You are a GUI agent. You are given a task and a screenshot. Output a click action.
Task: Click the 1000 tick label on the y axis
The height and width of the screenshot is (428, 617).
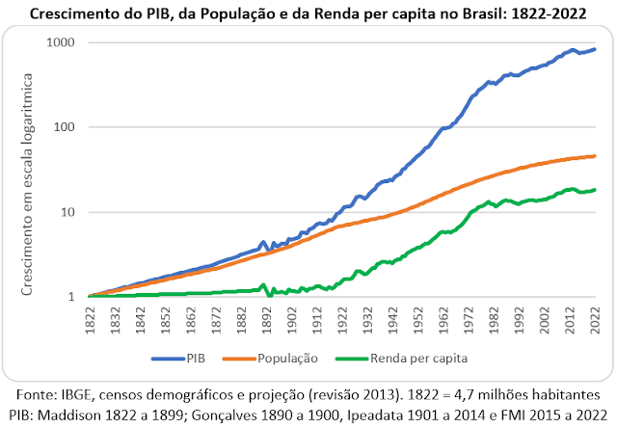[59, 43]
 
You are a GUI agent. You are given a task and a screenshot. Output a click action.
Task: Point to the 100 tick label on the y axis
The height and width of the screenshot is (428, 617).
[63, 127]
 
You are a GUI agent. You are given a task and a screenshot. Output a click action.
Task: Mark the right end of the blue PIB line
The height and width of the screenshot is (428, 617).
[596, 49]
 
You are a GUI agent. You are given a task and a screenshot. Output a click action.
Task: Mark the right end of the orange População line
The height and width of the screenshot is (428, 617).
[596, 155]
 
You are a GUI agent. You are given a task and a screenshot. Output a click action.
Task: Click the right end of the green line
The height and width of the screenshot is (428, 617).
[596, 189]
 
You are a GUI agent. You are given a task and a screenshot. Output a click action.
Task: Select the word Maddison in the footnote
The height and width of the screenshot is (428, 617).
[78, 414]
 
